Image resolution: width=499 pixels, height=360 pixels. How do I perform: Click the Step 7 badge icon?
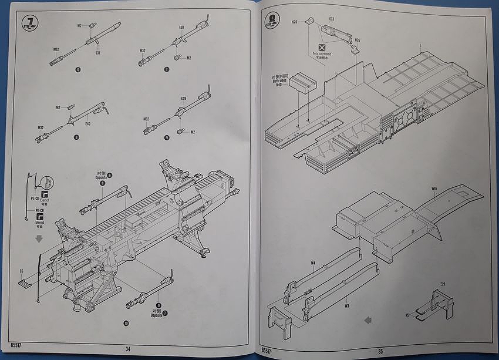click(x=28, y=24)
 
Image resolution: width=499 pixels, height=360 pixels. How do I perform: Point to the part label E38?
click(x=181, y=28)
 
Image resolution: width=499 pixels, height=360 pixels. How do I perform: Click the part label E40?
click(x=87, y=124)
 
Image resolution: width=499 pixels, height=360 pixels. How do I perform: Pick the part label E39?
click(x=184, y=98)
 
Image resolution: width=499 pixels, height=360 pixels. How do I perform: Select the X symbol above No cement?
click(x=321, y=46)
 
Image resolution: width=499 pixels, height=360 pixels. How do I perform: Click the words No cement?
click(x=322, y=54)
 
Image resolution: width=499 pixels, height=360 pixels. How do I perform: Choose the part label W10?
click(x=434, y=189)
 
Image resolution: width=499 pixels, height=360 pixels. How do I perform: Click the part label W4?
click(x=313, y=263)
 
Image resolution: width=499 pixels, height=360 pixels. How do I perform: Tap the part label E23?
click(x=442, y=285)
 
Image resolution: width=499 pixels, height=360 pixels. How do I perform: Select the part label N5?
click(x=407, y=315)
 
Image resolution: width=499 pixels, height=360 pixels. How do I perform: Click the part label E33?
click(x=332, y=19)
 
